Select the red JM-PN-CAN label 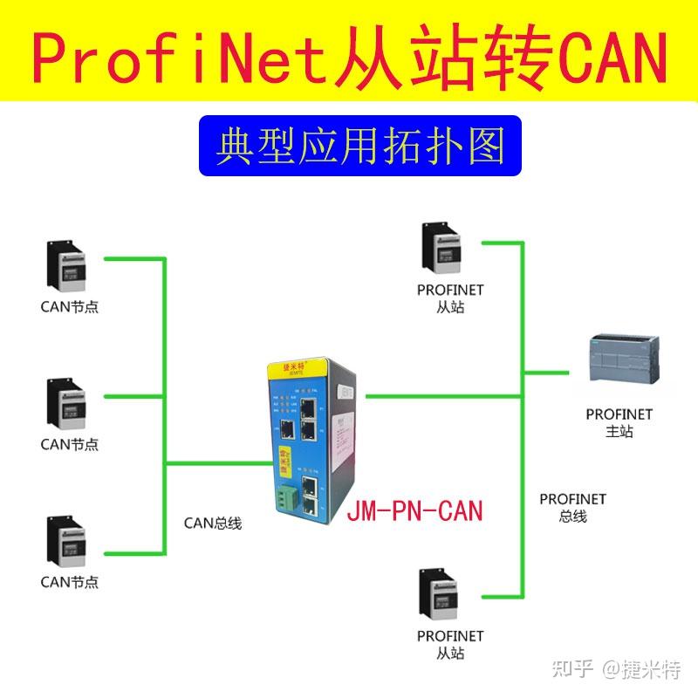click(x=414, y=510)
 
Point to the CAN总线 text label click(x=212, y=523)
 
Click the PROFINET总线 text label click(x=572, y=507)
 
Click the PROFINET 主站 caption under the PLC click(x=619, y=422)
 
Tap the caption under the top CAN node click(x=70, y=307)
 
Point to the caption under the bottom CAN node click(x=70, y=582)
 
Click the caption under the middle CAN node click(x=70, y=444)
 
